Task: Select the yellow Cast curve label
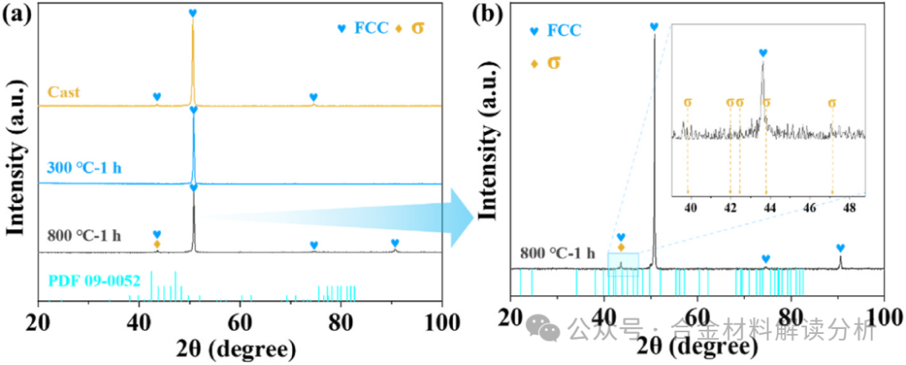(64, 92)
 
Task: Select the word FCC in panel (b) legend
(564, 31)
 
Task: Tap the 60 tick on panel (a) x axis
(240, 321)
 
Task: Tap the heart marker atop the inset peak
(763, 53)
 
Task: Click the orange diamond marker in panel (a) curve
(157, 244)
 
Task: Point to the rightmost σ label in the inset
(831, 103)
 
